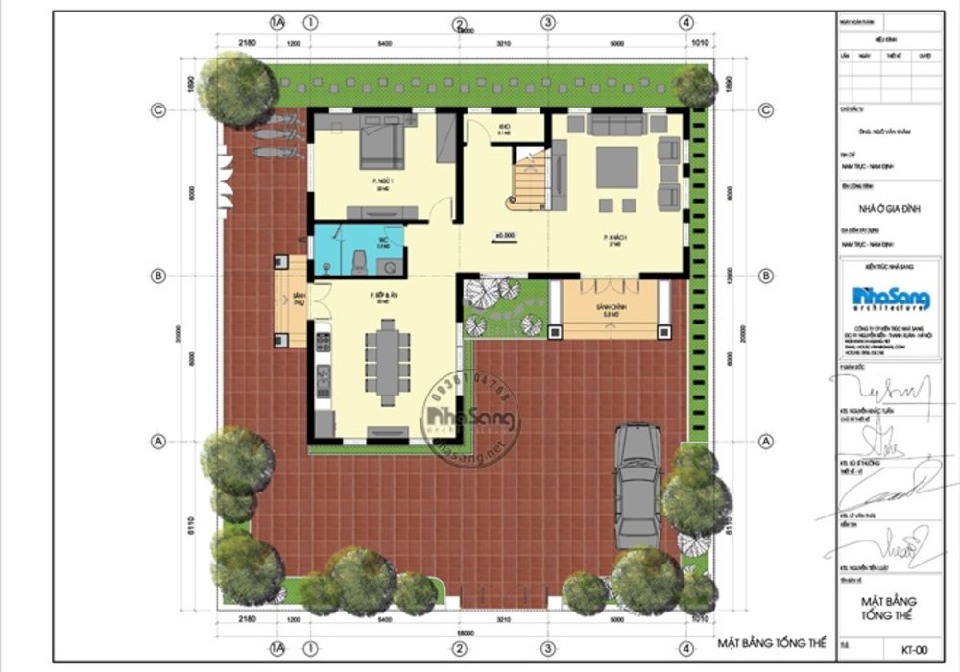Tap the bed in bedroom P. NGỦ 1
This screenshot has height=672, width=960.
[383, 142]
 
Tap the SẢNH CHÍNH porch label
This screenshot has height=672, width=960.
[612, 305]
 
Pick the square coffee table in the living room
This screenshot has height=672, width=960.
[615, 166]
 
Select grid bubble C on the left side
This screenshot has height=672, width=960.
[158, 111]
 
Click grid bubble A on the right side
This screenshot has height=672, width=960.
[766, 441]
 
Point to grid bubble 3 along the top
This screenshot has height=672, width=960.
[547, 22]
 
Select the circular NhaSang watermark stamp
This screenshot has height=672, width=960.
[471, 419]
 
